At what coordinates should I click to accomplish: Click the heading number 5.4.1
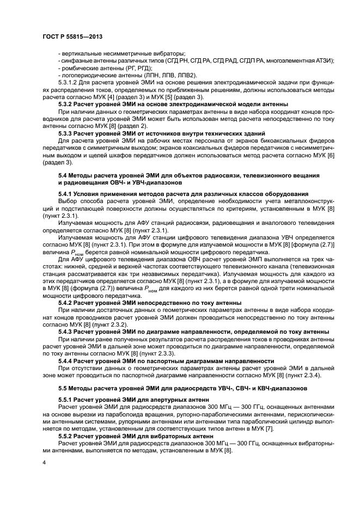(66, 194)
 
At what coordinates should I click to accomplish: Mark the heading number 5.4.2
(66, 302)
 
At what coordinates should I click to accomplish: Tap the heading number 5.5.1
(66, 399)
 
